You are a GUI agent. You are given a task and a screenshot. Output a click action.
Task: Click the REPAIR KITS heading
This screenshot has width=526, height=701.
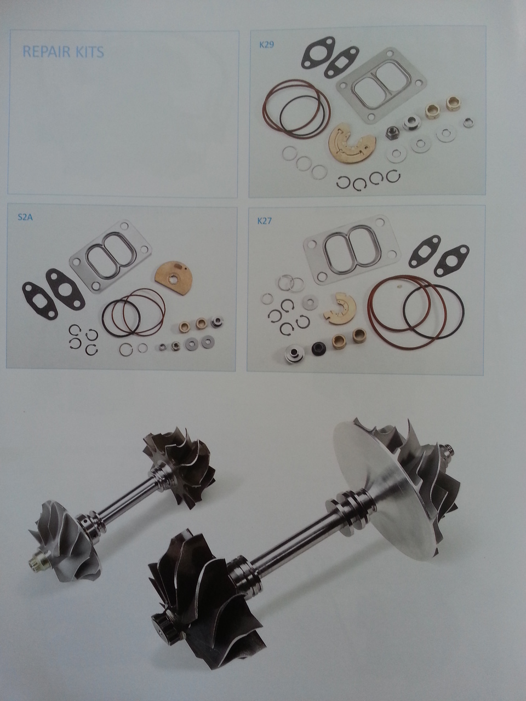tap(63, 51)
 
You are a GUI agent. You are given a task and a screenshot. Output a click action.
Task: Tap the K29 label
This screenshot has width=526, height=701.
tap(266, 44)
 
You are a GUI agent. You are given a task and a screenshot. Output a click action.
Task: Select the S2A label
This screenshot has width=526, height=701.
tap(25, 219)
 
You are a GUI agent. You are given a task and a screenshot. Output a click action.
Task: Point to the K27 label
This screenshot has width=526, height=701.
tap(265, 221)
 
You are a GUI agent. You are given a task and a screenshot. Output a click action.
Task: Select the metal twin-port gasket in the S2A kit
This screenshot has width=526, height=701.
tap(110, 256)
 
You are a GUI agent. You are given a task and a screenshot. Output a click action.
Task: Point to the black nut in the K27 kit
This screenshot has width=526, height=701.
tap(319, 348)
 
